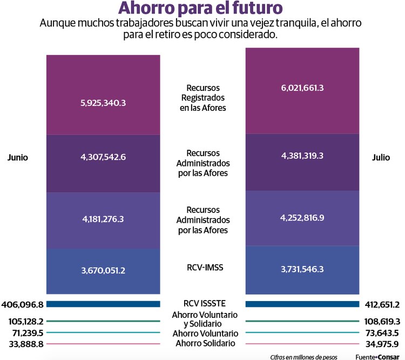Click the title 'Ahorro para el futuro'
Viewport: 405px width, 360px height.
pyautogui.click(x=200, y=9)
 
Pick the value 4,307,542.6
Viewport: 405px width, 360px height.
pyautogui.click(x=103, y=157)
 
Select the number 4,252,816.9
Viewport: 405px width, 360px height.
pyautogui.click(x=302, y=218)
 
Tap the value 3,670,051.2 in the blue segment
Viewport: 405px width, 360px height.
pyautogui.click(x=103, y=270)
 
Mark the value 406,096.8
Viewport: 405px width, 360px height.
pyautogui.click(x=23, y=304)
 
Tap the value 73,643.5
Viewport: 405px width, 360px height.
pyautogui.click(x=382, y=332)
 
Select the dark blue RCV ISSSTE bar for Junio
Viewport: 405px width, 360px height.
pyautogui.click(x=103, y=304)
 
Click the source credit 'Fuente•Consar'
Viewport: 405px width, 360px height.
pyautogui.click(x=380, y=357)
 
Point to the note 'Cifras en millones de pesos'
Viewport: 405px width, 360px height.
pyautogui.click(x=303, y=357)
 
